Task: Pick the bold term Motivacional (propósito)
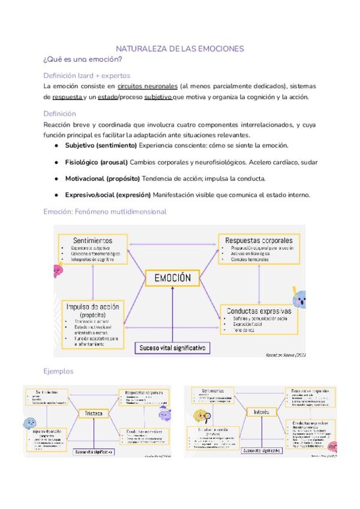(x=103, y=178)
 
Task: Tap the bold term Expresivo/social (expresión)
(x=108, y=194)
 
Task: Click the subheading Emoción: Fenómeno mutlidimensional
(x=104, y=211)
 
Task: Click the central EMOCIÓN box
(x=173, y=277)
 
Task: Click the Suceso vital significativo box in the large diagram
(x=172, y=348)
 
